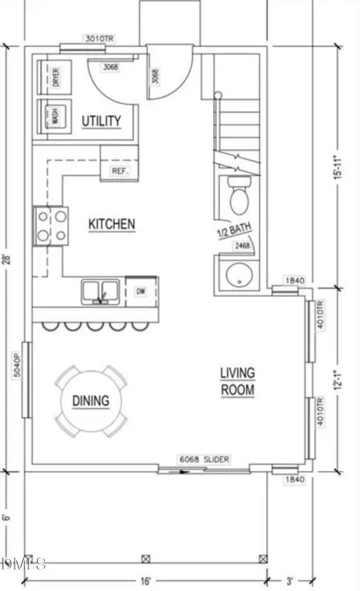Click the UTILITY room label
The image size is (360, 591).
(102, 120)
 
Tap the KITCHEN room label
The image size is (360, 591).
(112, 224)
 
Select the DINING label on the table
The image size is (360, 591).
(91, 400)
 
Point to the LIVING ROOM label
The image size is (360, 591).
(238, 381)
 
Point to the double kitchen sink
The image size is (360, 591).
(101, 291)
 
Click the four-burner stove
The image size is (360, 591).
(49, 225)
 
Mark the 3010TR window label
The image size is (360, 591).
(98, 36)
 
